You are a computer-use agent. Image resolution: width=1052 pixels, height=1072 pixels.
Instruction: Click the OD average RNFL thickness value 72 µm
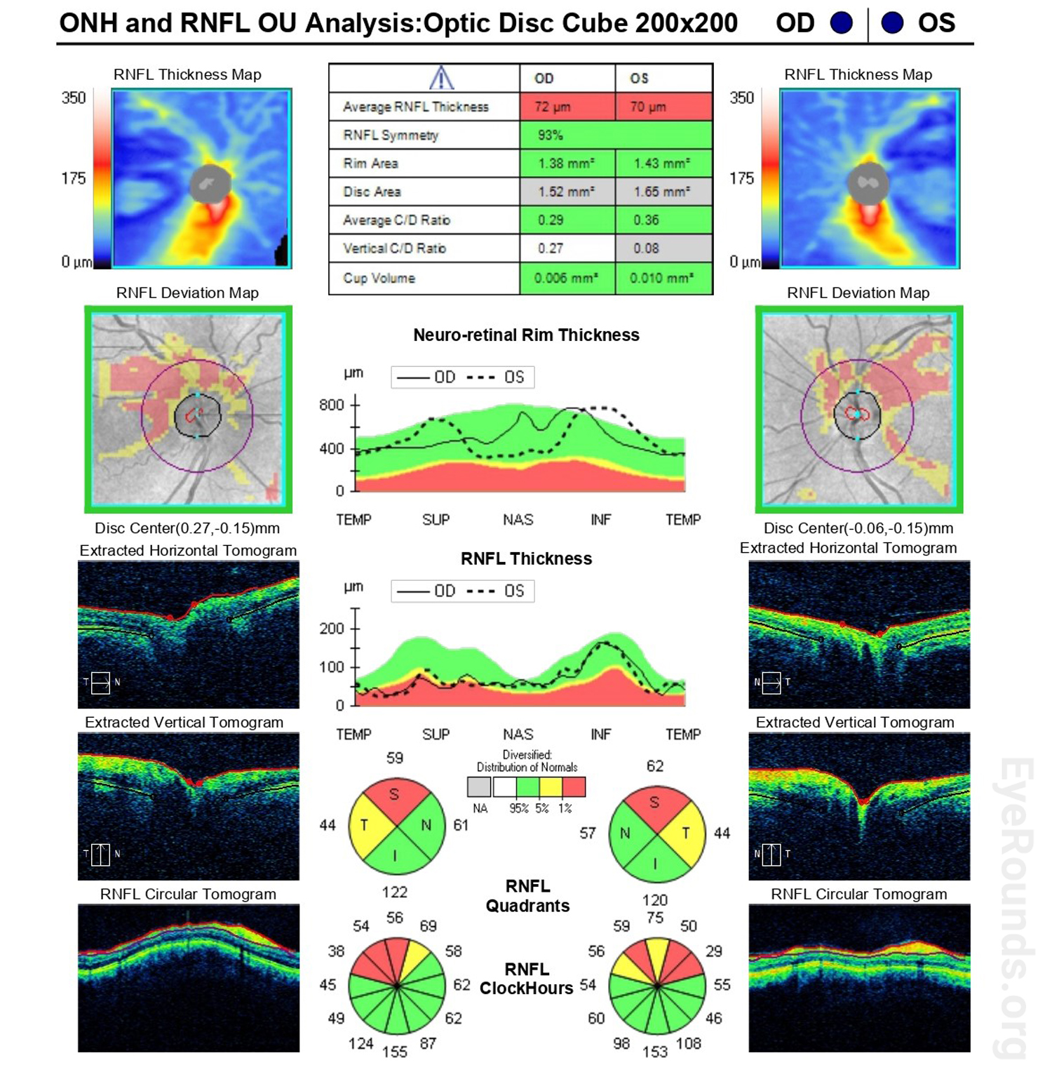pos(553,107)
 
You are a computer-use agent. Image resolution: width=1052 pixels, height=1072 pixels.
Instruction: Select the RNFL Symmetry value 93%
pos(551,135)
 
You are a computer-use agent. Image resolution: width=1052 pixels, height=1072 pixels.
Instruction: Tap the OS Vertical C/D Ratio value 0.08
pos(646,248)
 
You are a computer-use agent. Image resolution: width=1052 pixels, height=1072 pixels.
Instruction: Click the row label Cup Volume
pos(379,278)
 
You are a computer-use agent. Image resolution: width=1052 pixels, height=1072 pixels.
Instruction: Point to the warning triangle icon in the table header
pos(441,78)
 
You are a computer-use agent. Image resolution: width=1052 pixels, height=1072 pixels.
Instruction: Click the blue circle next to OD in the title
pos(841,23)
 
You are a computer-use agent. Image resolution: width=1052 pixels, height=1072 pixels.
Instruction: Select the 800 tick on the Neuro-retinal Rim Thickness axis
pos(332,405)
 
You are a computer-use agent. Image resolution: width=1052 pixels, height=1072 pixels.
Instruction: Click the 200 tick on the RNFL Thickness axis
pos(332,629)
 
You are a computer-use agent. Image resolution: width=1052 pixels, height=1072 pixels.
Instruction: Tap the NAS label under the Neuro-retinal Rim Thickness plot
pos(518,520)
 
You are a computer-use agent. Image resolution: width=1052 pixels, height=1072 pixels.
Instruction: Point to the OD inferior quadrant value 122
pos(395,892)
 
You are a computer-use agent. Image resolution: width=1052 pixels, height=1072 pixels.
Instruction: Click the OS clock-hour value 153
pos(655,1052)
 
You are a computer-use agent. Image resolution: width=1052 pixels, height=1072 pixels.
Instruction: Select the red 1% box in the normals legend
pos(574,787)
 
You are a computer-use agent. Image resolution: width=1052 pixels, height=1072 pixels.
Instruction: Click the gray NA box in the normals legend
pos(480,787)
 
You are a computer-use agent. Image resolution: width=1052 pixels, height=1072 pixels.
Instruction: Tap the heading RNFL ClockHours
pos(527,979)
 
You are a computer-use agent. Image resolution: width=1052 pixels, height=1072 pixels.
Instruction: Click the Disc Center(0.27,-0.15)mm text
pos(187,528)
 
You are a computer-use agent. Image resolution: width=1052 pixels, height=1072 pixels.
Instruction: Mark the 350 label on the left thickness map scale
pos(74,98)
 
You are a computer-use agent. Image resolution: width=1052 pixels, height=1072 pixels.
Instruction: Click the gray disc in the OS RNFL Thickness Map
pos(868,184)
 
